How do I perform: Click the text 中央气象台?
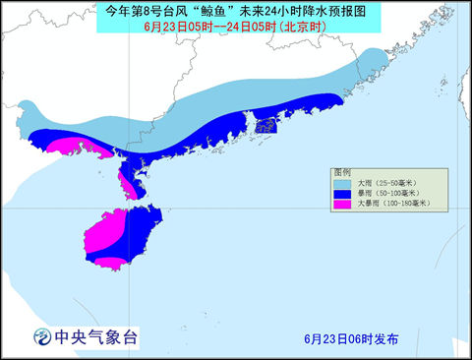(98, 337)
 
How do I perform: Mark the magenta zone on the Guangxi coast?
(69, 146)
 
